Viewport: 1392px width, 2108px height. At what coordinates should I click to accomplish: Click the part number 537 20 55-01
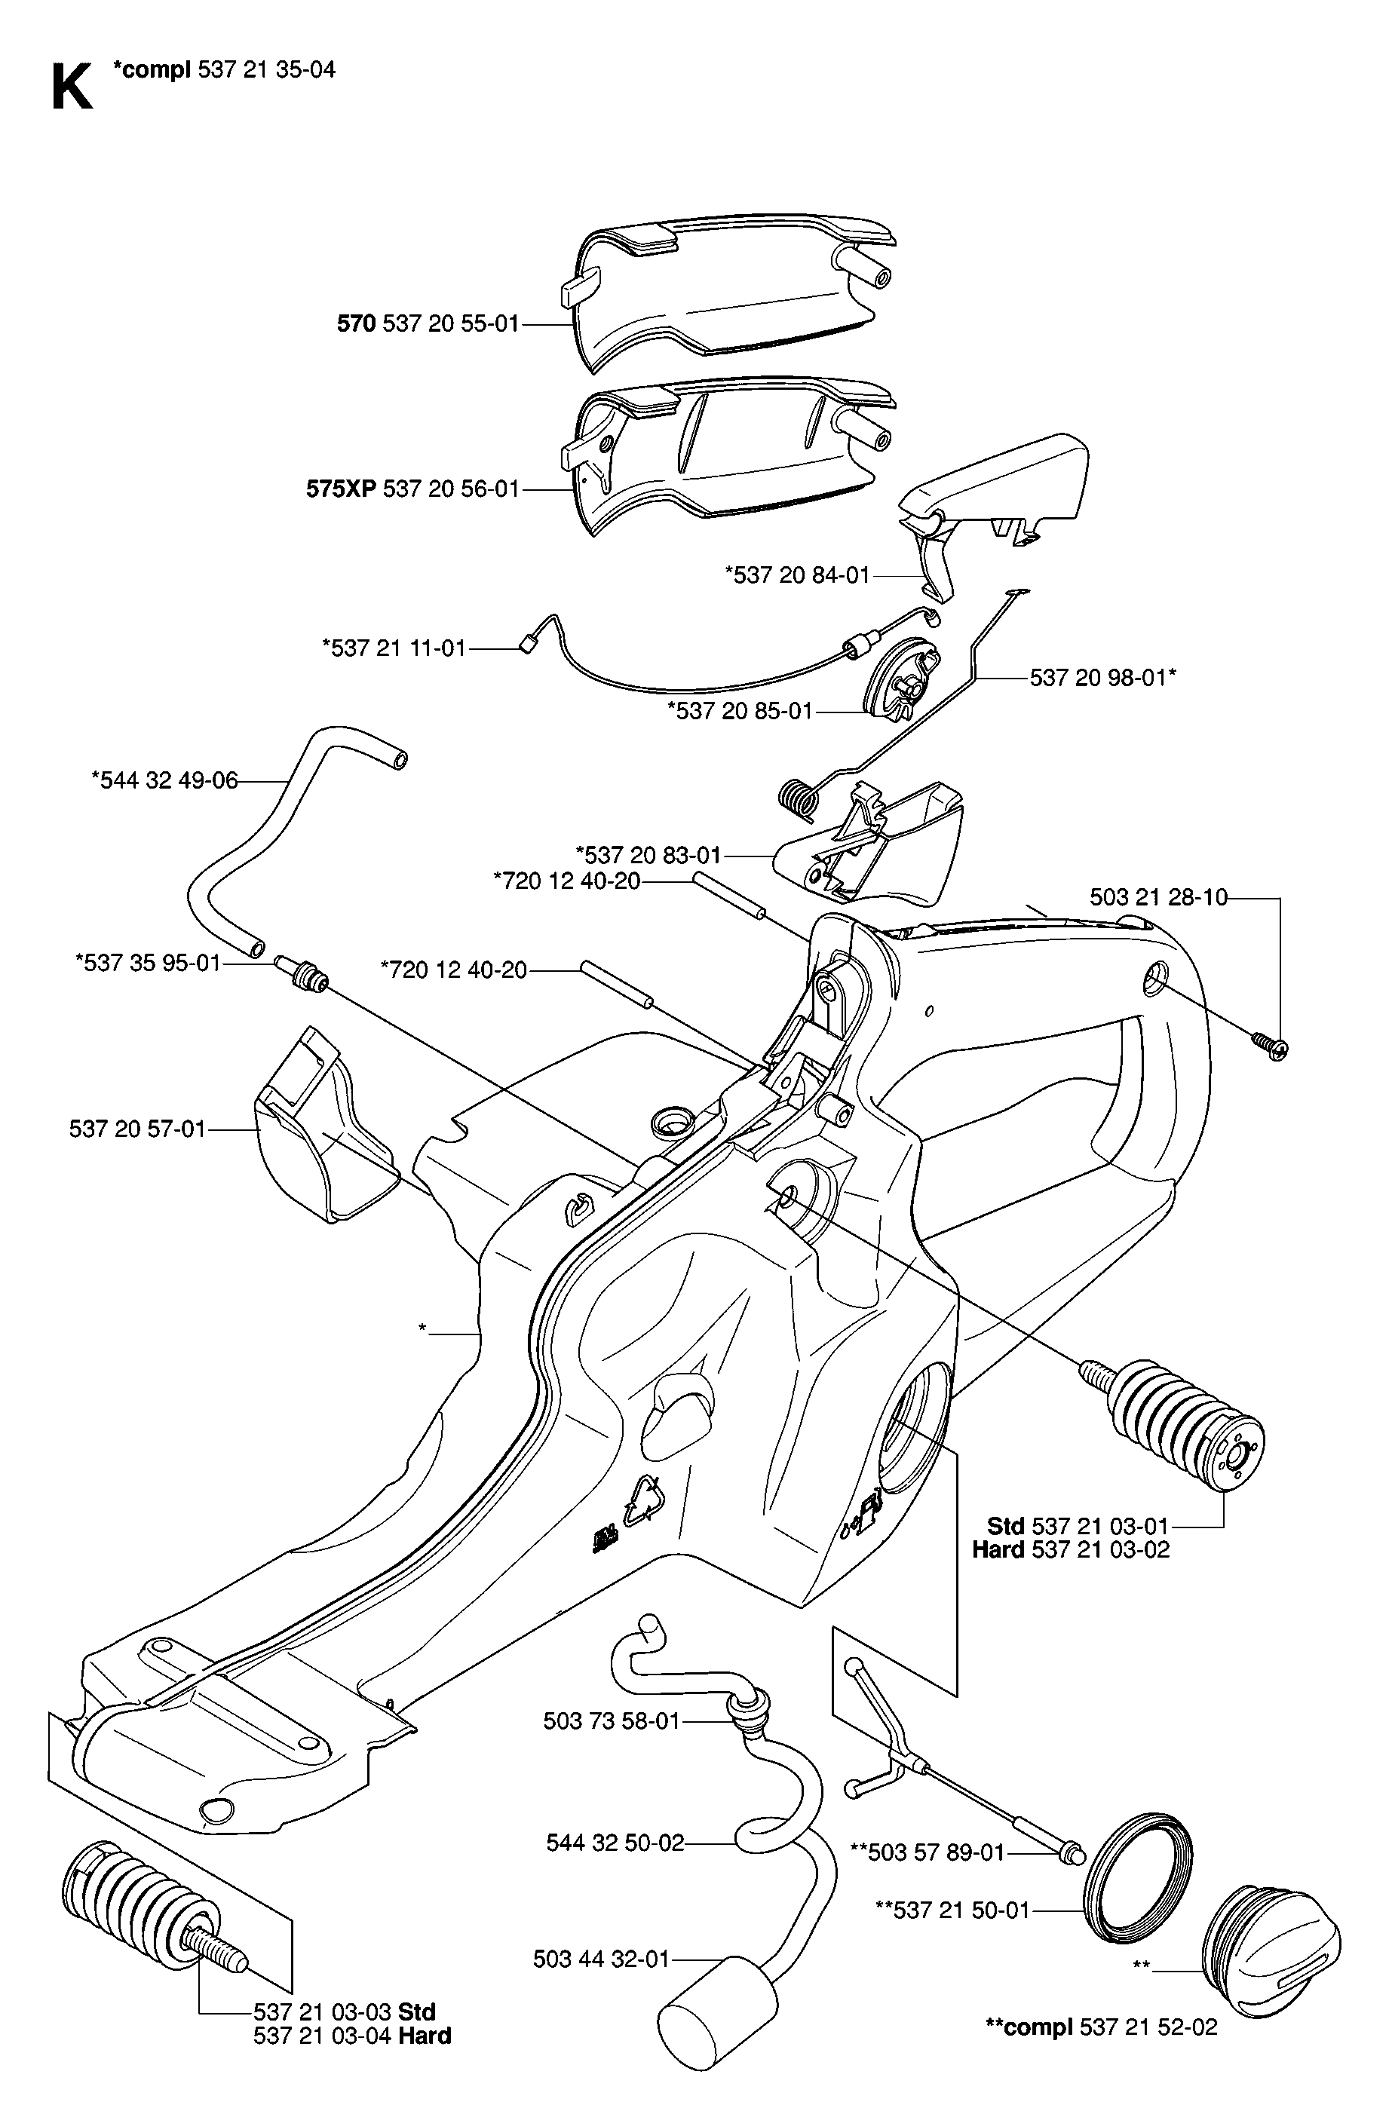[451, 324]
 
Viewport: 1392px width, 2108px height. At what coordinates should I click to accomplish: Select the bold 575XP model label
[342, 489]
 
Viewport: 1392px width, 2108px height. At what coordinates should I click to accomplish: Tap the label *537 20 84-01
[797, 575]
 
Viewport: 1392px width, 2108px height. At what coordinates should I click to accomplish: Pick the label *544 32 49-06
[165, 780]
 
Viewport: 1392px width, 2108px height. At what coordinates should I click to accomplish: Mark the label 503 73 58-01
[612, 1721]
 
